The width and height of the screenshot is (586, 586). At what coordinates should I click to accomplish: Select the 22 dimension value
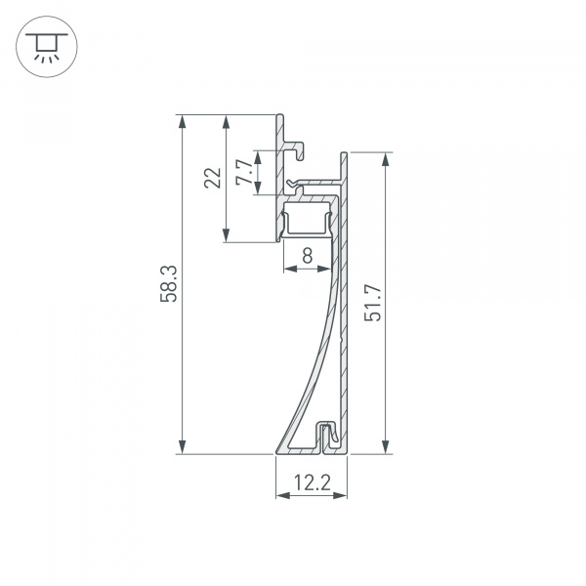[x=212, y=177]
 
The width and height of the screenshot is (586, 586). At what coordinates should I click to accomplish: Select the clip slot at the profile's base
[x=329, y=435]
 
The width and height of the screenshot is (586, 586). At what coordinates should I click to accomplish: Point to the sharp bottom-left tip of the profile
[x=278, y=452]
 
